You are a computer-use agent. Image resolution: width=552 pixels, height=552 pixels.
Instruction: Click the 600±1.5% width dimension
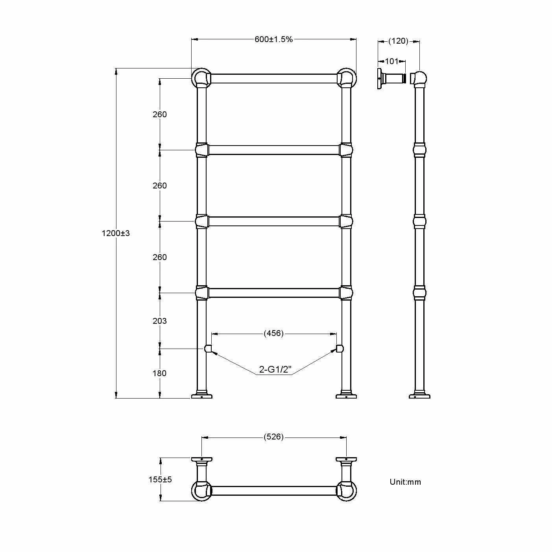273,39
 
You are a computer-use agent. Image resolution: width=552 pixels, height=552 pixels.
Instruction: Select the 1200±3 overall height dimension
115,233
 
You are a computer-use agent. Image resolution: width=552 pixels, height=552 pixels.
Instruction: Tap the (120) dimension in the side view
398,41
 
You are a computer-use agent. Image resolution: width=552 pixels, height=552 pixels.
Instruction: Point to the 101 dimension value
391,61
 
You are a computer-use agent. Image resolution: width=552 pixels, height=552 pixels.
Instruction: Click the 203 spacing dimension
159,321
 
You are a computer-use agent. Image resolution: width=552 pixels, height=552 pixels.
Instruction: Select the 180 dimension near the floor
159,373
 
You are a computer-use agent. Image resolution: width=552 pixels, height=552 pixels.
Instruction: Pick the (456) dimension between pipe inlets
273,334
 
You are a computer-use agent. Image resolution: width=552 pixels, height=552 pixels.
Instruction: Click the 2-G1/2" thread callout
275,370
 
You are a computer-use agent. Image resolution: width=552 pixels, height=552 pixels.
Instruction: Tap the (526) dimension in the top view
273,437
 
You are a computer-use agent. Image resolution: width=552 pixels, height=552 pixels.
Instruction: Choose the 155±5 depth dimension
160,480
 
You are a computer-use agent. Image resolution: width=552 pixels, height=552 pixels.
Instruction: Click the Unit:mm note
405,482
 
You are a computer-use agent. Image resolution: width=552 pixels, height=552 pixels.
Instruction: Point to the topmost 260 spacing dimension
159,114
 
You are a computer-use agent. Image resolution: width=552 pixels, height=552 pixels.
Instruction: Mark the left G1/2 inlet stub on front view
208,349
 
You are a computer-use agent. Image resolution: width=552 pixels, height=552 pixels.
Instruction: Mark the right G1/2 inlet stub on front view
340,349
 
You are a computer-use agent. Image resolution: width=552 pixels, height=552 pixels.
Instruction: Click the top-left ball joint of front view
201,78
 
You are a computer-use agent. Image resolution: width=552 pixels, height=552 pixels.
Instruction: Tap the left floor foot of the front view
201,396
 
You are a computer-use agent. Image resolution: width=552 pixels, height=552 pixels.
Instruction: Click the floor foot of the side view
419,396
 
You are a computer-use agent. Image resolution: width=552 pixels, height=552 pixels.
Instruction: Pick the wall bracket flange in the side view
380,79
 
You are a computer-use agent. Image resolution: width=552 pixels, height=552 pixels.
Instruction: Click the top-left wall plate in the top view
201,459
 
